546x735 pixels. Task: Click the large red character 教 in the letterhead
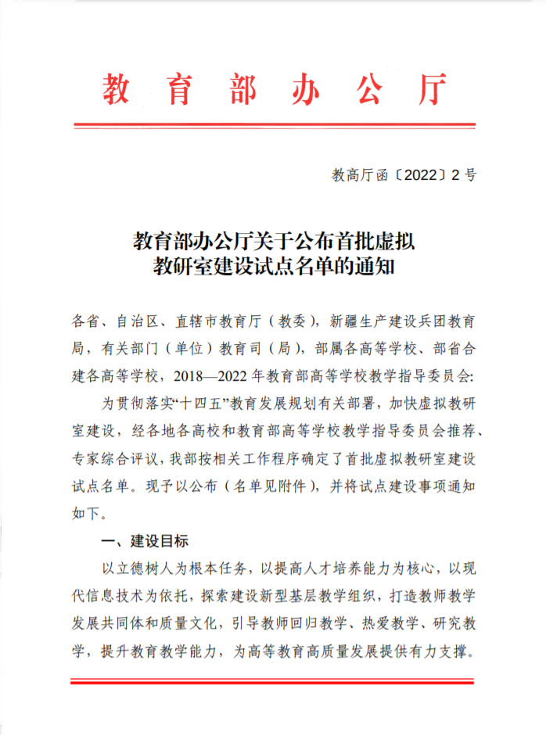[x=116, y=91]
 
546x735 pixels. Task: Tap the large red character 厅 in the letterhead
[x=431, y=91]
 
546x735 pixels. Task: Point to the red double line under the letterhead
[x=273, y=124]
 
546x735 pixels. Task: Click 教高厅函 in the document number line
[x=361, y=175]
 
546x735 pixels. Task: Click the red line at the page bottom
[x=273, y=682]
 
